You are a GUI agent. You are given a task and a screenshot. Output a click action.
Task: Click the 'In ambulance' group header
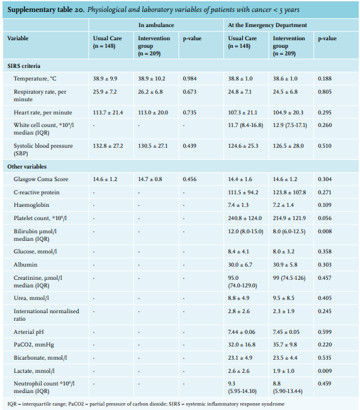tap(156, 25)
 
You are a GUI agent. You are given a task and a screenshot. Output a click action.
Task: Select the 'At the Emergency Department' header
tap(267, 25)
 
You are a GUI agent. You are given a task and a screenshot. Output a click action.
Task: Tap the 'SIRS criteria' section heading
tap(24, 66)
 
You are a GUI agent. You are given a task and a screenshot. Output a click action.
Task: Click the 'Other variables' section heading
tap(27, 167)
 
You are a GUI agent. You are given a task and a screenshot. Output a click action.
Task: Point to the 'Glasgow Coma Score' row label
tap(41, 179)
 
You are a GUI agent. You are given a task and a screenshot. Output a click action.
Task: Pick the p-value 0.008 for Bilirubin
tap(325, 231)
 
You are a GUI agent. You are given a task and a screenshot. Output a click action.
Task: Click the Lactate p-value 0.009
tap(325, 371)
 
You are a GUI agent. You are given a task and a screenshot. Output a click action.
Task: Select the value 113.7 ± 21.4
tap(108, 113)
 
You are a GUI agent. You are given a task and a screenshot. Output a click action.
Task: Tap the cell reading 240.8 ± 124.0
tap(245, 218)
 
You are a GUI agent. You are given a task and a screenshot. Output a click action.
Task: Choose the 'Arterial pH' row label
tap(28, 332)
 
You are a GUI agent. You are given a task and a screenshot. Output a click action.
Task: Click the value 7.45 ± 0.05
tap(286, 332)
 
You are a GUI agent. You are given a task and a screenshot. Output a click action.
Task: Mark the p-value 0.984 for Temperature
tap(189, 79)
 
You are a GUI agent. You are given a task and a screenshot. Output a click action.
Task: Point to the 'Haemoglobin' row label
tap(31, 205)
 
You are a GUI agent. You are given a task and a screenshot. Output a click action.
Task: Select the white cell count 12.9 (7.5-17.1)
tap(290, 125)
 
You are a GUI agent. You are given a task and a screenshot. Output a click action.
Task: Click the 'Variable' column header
tap(18, 38)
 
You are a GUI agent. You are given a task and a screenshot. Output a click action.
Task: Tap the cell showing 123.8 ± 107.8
tap(290, 192)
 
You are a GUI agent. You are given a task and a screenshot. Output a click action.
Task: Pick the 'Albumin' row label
tap(25, 265)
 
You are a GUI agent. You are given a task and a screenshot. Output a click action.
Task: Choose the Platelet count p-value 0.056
tap(325, 218)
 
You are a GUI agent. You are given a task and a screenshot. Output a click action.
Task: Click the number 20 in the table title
tap(79, 9)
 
